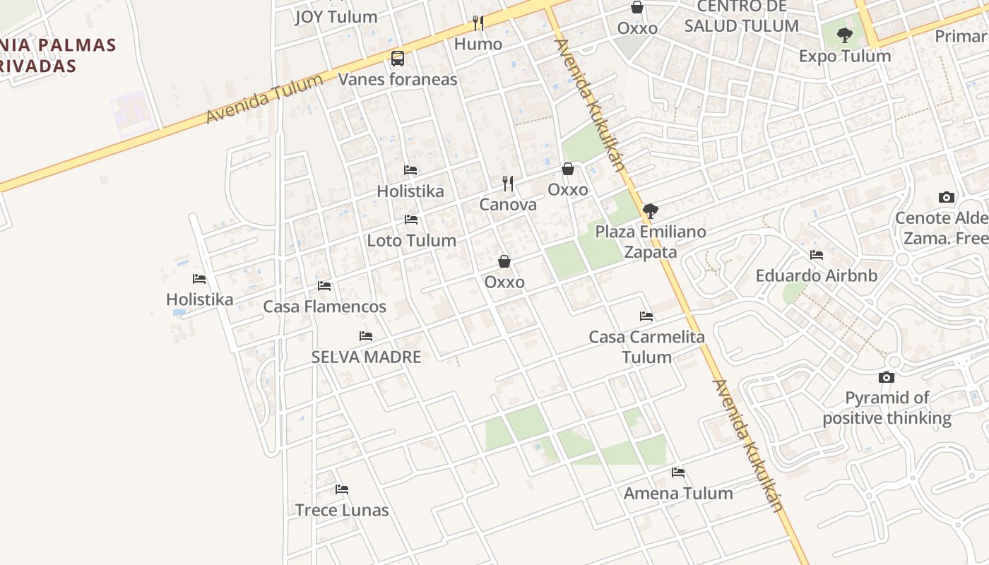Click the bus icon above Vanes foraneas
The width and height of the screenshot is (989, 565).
(x=398, y=59)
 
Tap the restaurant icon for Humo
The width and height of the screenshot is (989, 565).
(x=478, y=23)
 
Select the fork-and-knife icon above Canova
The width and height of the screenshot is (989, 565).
(x=508, y=184)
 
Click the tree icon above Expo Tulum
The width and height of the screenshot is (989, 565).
(x=845, y=35)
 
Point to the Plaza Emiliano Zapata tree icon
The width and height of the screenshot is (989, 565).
(x=651, y=210)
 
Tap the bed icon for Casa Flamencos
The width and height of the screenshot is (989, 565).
(x=324, y=286)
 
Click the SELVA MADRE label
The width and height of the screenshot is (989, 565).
(x=366, y=357)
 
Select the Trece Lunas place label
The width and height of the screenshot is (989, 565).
(x=342, y=510)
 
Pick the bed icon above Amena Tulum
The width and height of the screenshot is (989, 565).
(x=678, y=472)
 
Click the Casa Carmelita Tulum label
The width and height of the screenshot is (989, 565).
(x=647, y=347)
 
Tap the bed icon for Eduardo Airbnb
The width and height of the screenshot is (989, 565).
(x=817, y=255)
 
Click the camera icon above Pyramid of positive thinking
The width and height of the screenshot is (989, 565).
(x=887, y=378)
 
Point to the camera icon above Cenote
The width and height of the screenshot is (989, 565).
(x=947, y=197)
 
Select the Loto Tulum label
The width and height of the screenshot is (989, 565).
(x=411, y=240)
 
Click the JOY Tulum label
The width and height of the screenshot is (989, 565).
(x=336, y=17)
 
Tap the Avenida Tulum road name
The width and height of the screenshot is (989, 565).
(x=264, y=99)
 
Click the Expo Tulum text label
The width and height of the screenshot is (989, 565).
(x=845, y=56)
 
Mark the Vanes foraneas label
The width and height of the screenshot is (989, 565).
(x=398, y=79)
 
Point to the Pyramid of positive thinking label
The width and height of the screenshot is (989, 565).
(x=887, y=408)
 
